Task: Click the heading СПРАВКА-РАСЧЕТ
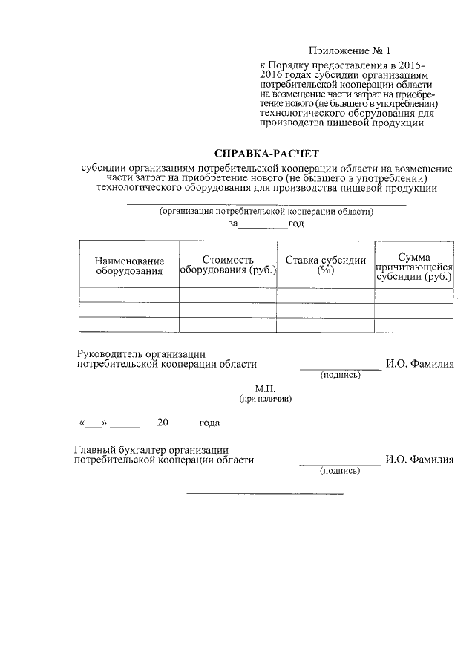pos(266,154)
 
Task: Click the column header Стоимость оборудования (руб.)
pos(227,265)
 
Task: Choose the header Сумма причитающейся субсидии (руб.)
pos(414,266)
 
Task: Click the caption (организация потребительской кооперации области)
pos(266,211)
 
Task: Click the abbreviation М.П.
pos(265,388)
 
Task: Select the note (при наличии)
pos(265,399)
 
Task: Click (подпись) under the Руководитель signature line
pos(340,375)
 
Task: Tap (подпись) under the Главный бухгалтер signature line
pos(340,471)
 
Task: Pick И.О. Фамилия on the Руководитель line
pos(419,364)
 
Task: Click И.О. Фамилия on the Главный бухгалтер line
pos(419,460)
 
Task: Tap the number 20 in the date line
pos(163,423)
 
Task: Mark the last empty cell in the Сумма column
pos(414,325)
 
